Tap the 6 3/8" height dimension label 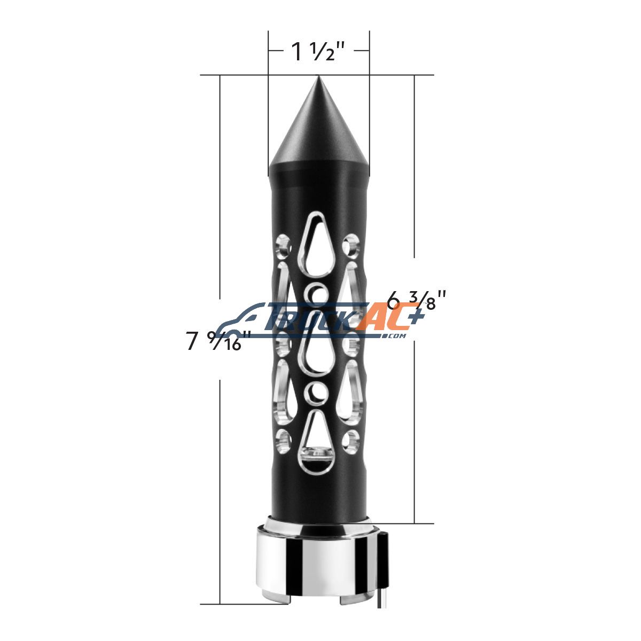[416, 299]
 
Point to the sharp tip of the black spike [318, 76]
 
